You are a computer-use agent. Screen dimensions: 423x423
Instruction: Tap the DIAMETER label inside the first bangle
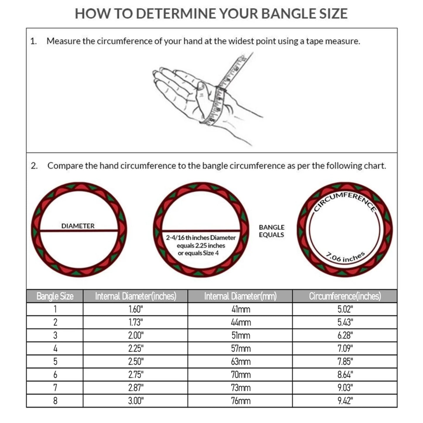point(78,226)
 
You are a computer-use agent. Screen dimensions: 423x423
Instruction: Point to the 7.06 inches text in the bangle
point(345,257)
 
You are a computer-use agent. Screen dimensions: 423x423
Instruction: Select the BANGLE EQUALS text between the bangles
point(271,231)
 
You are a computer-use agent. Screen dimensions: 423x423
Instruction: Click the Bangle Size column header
point(55,296)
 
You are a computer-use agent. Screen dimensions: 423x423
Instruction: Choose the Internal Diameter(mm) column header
point(240,296)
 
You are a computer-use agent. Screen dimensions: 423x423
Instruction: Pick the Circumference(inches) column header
point(345,296)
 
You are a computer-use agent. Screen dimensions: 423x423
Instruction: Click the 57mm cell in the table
point(241,348)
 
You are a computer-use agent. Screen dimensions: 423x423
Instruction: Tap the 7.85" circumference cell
point(345,362)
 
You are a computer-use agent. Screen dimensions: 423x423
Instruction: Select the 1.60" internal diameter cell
point(136,309)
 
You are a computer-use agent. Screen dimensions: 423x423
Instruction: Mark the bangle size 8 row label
point(55,401)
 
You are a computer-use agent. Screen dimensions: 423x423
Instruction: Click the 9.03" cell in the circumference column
point(345,388)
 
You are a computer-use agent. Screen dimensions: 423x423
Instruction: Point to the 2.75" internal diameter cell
point(136,375)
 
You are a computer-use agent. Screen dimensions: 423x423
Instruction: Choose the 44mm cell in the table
point(241,322)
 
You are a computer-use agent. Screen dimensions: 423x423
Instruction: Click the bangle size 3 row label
point(55,335)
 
